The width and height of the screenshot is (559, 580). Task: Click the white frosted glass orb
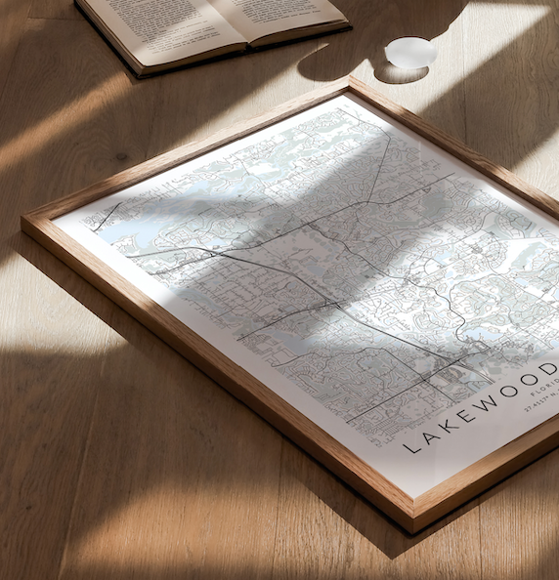[x=410, y=53]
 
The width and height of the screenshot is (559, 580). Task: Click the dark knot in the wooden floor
[x=122, y=155]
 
